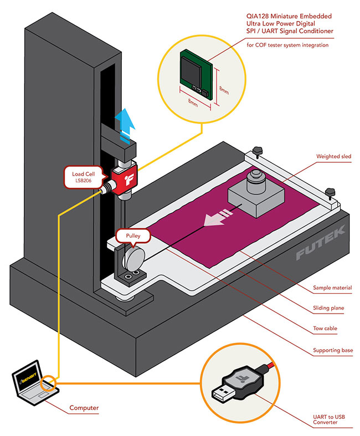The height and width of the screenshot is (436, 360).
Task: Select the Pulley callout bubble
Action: click(133, 236)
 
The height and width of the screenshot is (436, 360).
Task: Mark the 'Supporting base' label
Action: click(332, 350)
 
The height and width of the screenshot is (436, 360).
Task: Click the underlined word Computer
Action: click(84, 408)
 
